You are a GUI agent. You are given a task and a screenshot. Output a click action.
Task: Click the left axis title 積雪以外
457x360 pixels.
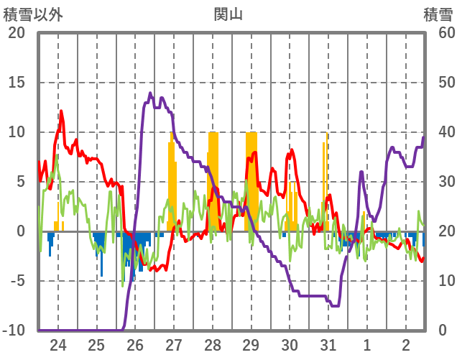coord(34,14)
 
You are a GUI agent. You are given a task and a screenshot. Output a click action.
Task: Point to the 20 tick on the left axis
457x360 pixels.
coord(17,33)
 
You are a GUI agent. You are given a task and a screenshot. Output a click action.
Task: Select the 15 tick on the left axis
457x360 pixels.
coord(17,83)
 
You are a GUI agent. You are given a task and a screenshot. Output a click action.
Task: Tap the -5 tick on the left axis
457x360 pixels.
coord(17,281)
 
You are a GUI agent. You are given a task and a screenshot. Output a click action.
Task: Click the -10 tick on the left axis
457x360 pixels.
coord(14,331)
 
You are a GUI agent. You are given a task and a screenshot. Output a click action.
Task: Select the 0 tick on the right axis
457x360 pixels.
coord(443,331)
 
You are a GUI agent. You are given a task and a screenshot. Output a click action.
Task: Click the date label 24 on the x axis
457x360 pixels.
coord(57,344)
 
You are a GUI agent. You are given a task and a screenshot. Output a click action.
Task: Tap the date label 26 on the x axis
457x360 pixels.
coord(135,344)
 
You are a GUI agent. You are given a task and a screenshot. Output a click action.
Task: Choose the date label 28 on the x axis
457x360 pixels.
coord(213,344)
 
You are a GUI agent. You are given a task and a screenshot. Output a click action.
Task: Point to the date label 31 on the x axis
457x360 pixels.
coord(328,344)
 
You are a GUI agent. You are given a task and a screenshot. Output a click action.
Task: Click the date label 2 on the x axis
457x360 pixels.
coord(406,344)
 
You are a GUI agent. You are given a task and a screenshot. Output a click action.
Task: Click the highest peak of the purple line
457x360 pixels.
coord(151,93)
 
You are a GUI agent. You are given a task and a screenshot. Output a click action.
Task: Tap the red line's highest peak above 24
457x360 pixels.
coord(62,111)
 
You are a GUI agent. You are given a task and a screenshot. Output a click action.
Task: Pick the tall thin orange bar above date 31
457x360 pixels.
coord(326,180)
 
